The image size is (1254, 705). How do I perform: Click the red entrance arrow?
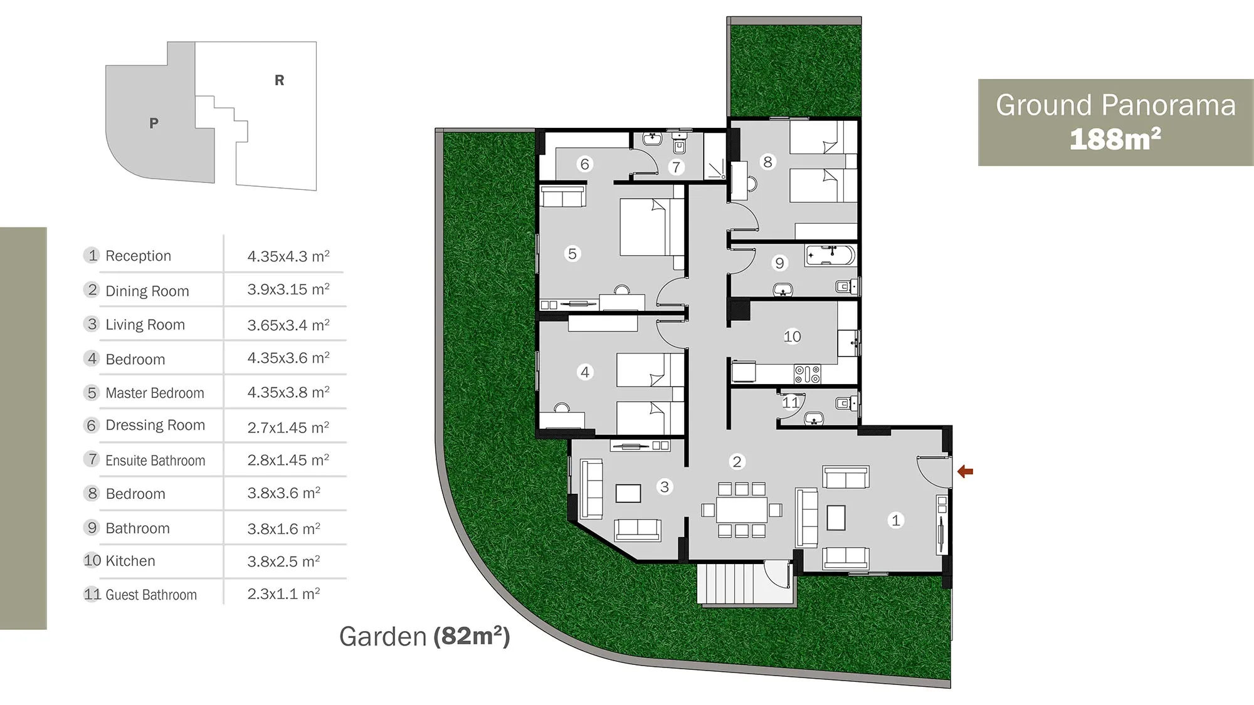[965, 471]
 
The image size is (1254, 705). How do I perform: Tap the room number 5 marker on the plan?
[572, 254]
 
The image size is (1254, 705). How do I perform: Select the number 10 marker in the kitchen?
[792, 337]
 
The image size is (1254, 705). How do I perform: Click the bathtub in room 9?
[830, 256]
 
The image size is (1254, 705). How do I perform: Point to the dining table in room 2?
[742, 509]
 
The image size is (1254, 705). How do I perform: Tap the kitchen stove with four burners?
[807, 374]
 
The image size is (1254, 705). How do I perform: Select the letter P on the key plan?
[154, 123]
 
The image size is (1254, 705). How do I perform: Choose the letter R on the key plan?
[280, 80]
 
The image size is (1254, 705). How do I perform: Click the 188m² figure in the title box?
[1115, 139]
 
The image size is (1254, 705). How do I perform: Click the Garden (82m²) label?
[424, 637]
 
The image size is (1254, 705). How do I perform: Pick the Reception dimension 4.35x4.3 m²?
[288, 256]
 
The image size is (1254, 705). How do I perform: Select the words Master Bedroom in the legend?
[155, 393]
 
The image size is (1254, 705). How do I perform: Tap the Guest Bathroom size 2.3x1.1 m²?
[283, 593]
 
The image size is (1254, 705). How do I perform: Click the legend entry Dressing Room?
[155, 425]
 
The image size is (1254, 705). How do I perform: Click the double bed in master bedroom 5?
[652, 227]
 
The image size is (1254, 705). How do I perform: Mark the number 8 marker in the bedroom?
[767, 162]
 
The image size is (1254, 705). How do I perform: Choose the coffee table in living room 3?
[628, 493]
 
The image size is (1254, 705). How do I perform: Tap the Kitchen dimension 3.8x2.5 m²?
[283, 561]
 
